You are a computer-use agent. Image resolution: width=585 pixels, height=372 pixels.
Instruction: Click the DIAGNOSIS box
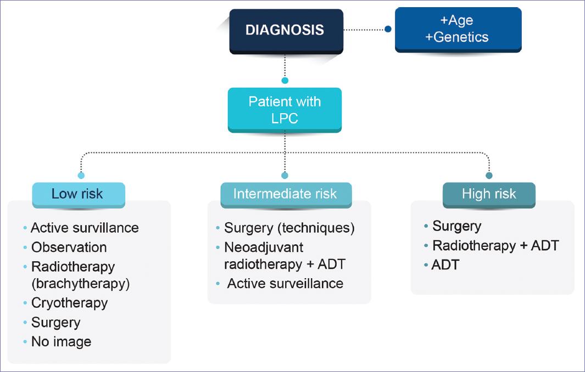(285, 30)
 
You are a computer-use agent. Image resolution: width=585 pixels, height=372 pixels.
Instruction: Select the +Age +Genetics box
(458, 30)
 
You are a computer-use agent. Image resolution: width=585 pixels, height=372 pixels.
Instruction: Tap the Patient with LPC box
(285, 110)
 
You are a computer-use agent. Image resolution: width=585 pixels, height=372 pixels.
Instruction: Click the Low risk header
(77, 194)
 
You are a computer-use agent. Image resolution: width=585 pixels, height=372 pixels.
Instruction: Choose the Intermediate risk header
(285, 194)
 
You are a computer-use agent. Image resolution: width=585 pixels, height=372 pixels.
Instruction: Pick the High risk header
(489, 194)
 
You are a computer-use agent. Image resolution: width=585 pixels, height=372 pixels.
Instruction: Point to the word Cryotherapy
(69, 302)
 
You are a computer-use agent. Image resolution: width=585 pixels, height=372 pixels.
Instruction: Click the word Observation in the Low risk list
(69, 247)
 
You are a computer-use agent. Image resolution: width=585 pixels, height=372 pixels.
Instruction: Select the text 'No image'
(61, 342)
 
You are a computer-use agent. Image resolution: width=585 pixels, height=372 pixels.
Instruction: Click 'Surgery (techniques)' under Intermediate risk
(289, 228)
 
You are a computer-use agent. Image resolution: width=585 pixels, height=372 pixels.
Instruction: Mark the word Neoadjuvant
(264, 246)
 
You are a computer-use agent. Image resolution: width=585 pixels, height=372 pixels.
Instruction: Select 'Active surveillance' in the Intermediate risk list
(285, 283)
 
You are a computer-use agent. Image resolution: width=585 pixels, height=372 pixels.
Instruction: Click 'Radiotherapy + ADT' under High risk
(495, 245)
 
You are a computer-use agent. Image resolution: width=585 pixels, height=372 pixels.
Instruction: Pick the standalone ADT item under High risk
(445, 265)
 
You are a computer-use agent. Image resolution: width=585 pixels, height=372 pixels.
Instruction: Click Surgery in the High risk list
(456, 226)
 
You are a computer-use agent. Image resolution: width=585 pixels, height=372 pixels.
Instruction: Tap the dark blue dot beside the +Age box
(388, 29)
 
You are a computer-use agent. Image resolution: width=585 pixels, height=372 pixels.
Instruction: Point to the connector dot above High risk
(489, 176)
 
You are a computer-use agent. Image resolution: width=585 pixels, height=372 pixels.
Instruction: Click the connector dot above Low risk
(81, 176)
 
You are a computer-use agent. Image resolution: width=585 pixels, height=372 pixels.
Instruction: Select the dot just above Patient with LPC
(285, 81)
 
